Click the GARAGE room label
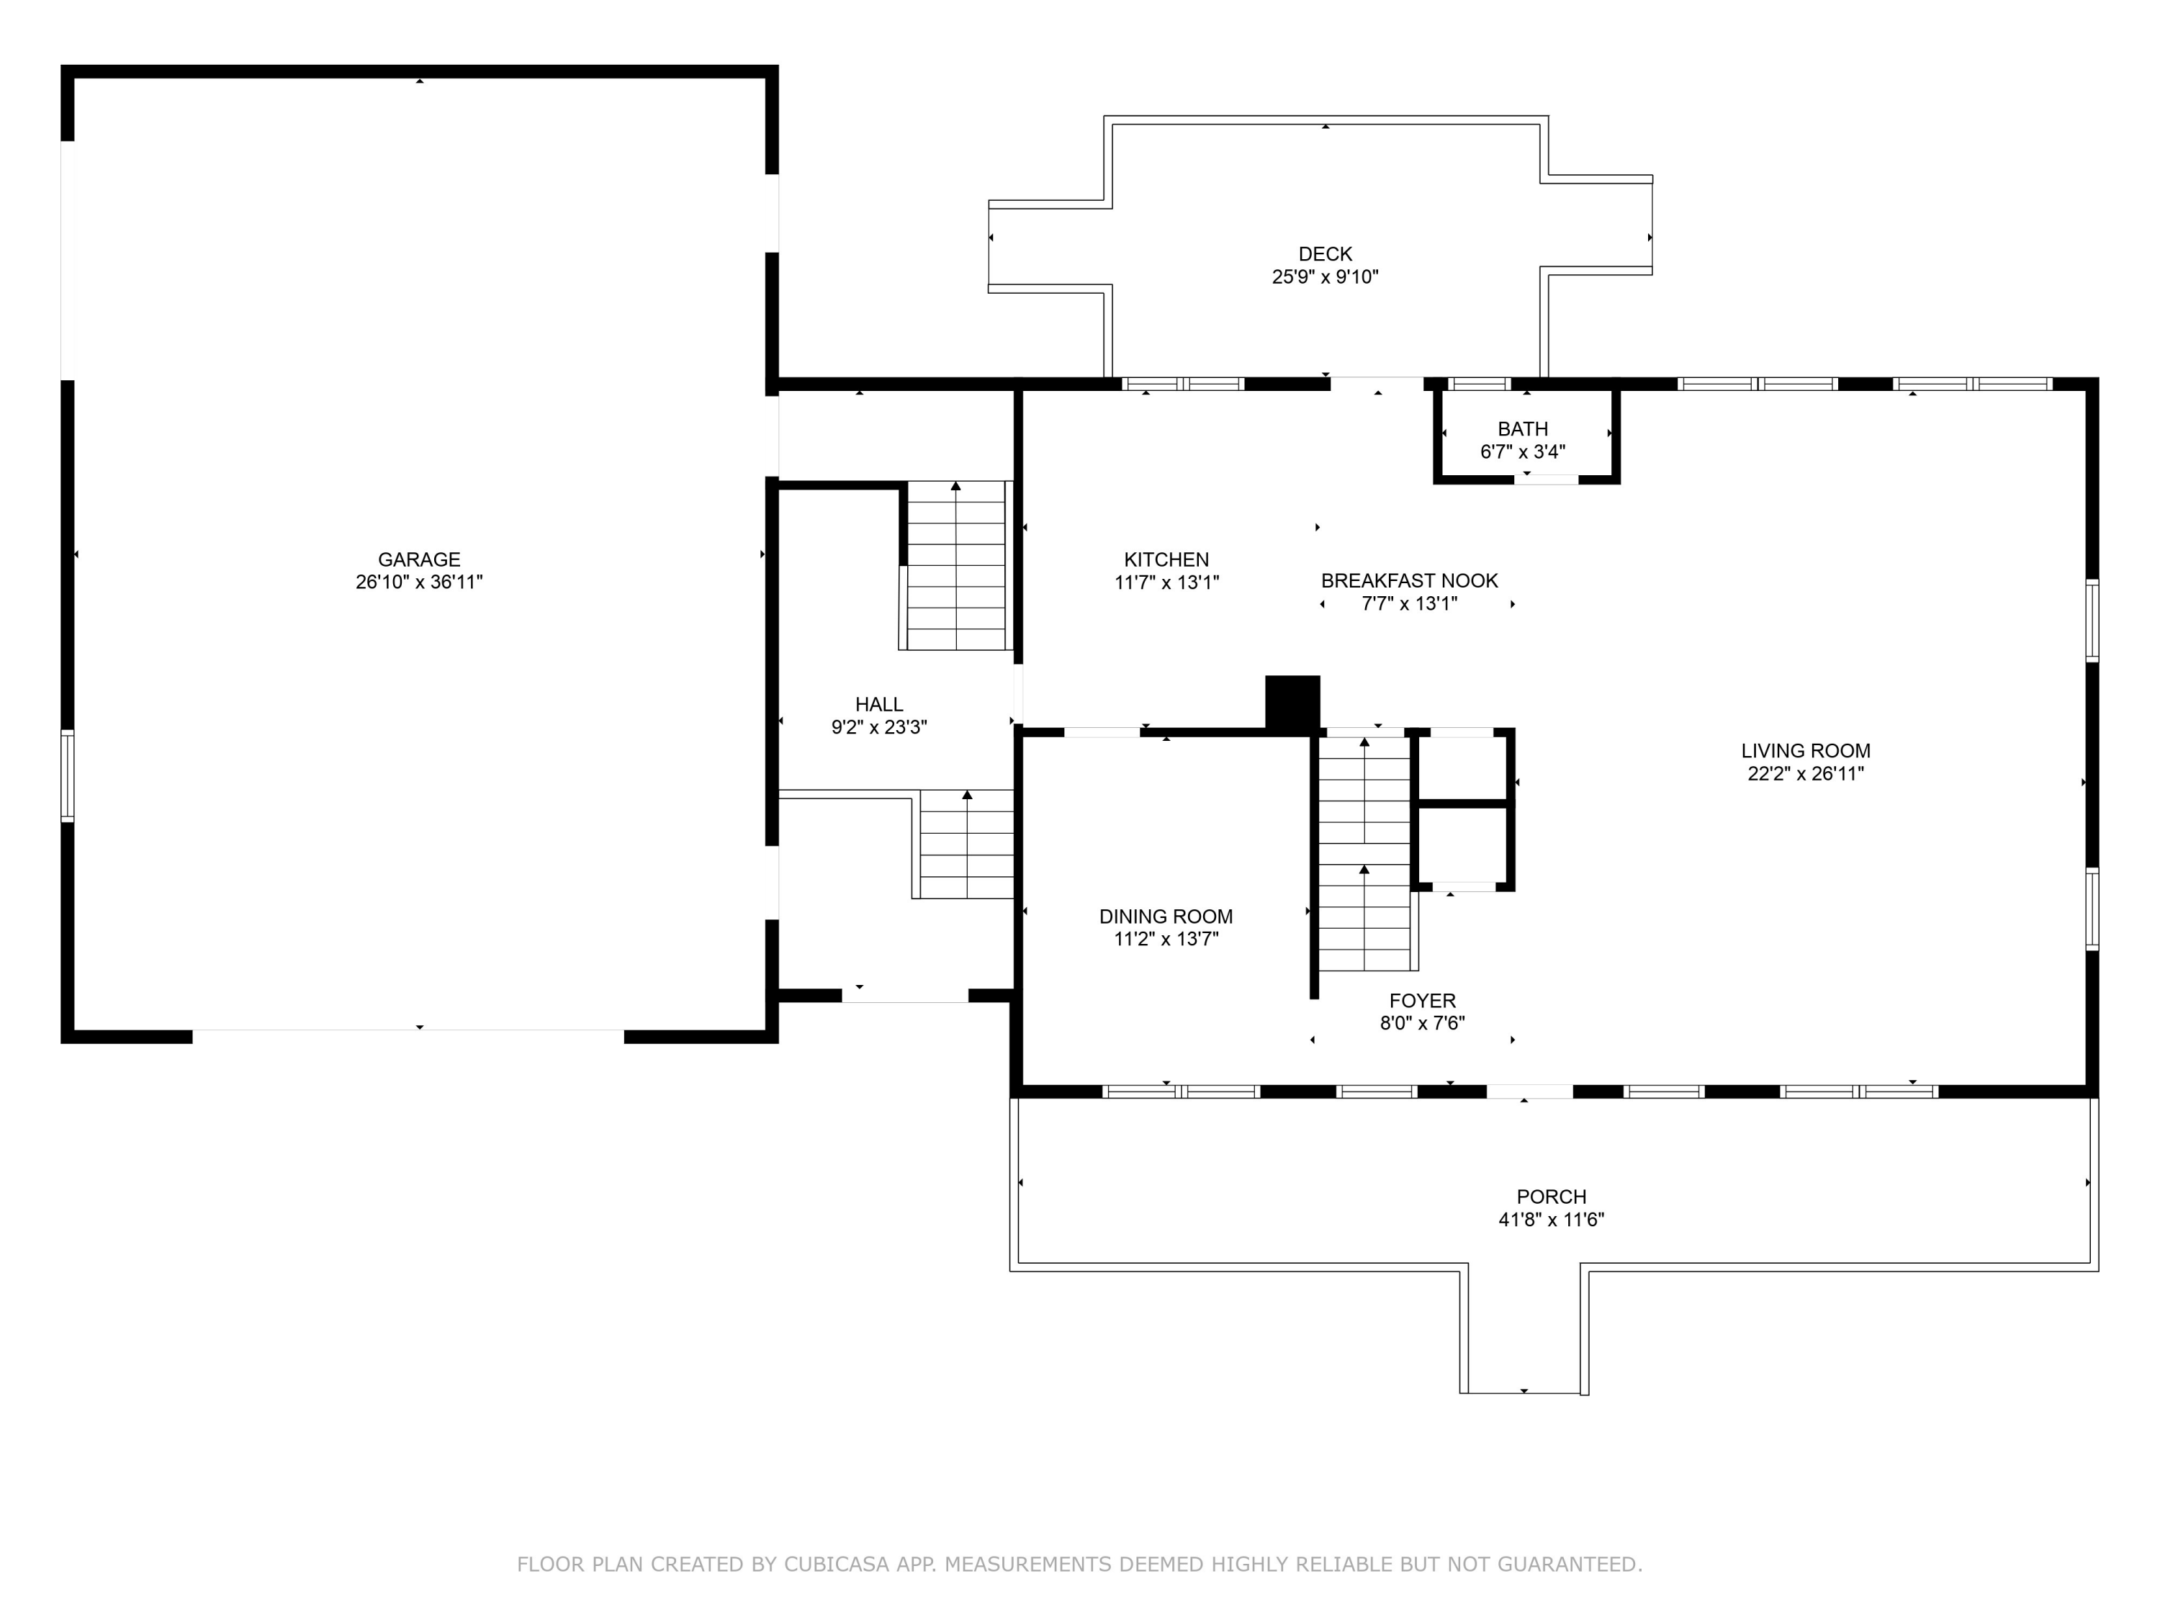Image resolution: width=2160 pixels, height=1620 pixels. [x=419, y=559]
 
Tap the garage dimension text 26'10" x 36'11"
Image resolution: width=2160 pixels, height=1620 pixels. [x=419, y=582]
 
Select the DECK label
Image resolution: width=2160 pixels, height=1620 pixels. [x=1325, y=254]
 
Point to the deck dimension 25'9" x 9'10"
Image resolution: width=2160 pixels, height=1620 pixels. [x=1325, y=276]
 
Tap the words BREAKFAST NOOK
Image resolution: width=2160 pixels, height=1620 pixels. [x=1409, y=581]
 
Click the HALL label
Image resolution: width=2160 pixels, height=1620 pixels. [x=879, y=704]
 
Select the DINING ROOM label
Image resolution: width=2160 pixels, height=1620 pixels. [x=1166, y=917]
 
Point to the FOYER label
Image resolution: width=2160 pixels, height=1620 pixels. [x=1423, y=1001]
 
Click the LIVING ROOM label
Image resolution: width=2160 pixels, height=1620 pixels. [x=1806, y=751]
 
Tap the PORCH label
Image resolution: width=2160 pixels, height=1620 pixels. [x=1551, y=1197]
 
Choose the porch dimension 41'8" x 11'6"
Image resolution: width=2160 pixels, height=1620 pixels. [x=1551, y=1220]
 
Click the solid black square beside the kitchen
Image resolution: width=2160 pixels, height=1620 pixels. [x=1293, y=703]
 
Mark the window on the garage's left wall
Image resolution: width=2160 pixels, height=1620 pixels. [x=68, y=776]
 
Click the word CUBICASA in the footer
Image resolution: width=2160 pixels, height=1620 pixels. [x=837, y=1565]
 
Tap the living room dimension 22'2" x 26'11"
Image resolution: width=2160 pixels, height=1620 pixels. [x=1806, y=774]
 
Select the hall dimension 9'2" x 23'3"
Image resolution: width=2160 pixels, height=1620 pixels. [x=879, y=727]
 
